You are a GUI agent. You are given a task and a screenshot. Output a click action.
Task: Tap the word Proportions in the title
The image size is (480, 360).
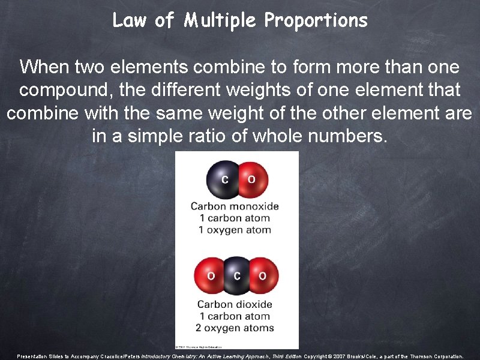(316, 21)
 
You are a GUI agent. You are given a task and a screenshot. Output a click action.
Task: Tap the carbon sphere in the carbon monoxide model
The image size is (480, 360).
(224, 179)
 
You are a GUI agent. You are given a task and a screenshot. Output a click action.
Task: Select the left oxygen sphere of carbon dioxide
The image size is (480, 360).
(211, 276)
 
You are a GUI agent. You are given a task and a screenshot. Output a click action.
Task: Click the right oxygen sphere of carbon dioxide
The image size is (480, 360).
(263, 276)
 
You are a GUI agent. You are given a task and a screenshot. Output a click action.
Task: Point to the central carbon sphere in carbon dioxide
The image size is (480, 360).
(237, 276)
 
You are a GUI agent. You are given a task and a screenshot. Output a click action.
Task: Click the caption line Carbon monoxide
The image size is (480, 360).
(235, 206)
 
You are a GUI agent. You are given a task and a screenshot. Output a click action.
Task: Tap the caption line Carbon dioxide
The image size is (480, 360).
(235, 305)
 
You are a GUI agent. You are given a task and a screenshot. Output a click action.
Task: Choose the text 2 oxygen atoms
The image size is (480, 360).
(235, 328)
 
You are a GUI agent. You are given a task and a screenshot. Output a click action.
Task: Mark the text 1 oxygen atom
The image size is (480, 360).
(235, 230)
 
